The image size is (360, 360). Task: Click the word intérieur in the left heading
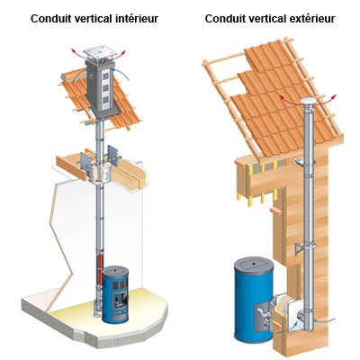point(137,19)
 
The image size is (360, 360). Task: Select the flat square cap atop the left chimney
point(100,52)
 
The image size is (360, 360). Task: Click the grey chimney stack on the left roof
point(101,87)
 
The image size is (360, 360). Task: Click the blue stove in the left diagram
point(116,293)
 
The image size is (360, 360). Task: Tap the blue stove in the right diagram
point(254,302)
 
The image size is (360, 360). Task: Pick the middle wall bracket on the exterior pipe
point(302,247)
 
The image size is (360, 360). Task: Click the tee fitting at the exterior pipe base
point(305,316)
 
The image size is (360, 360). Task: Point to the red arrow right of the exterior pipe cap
point(328,99)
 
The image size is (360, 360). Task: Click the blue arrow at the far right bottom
point(326,320)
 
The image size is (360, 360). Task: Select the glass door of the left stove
point(120,298)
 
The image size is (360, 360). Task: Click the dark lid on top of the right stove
point(254,265)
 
